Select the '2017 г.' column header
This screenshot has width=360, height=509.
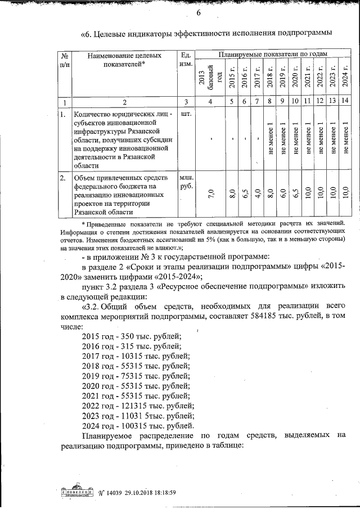(x=256, y=76)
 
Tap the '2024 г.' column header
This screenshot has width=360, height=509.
(x=344, y=76)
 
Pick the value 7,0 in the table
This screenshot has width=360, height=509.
(x=210, y=195)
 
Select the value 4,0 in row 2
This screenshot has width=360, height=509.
(x=256, y=195)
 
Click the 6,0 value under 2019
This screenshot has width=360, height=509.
(x=284, y=195)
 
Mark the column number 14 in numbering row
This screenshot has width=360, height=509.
(x=344, y=102)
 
